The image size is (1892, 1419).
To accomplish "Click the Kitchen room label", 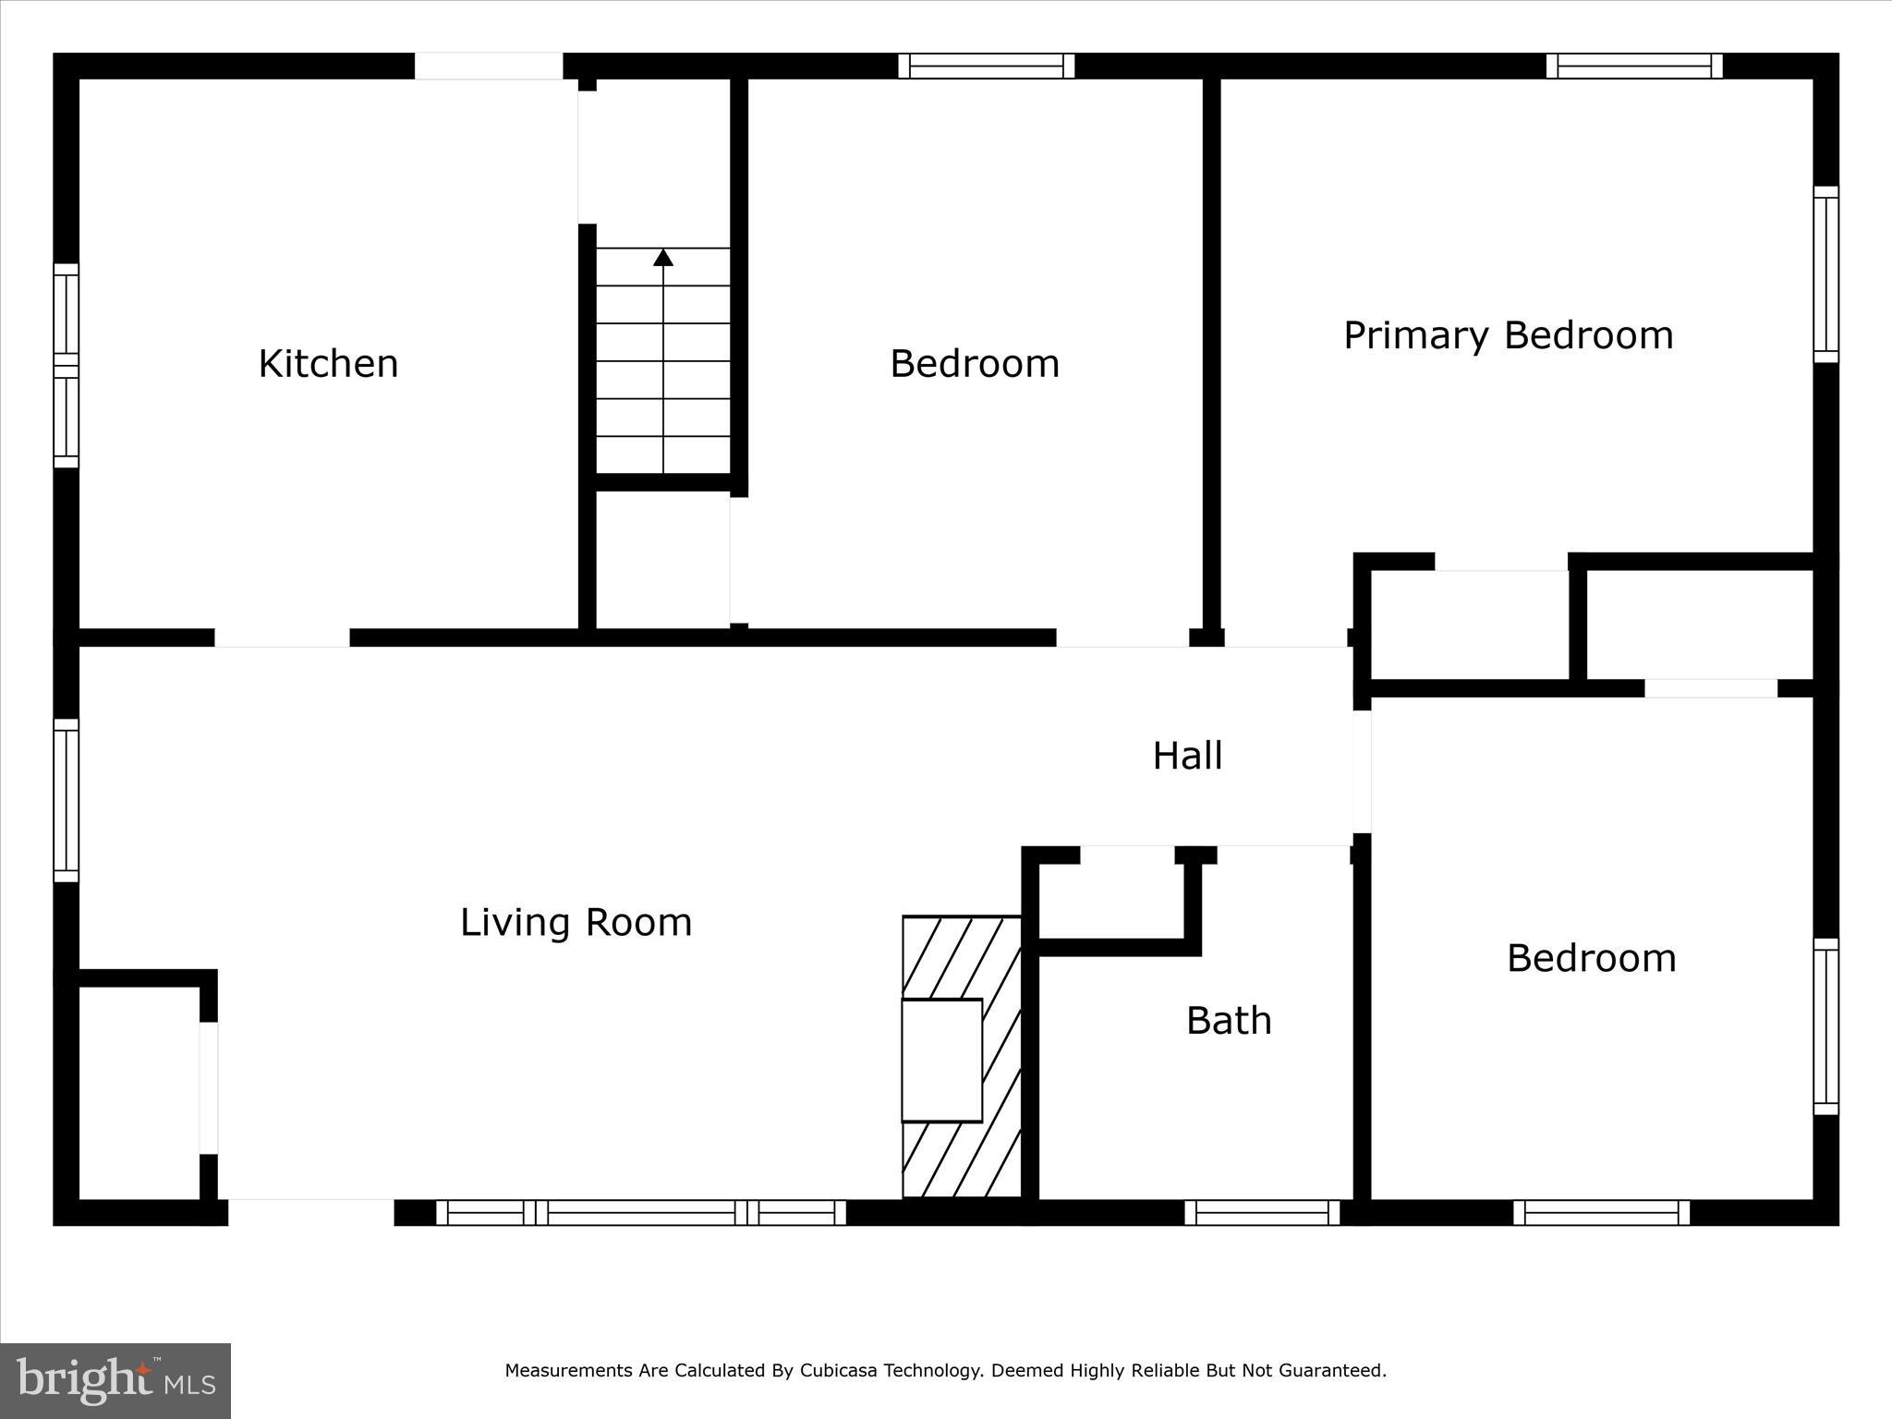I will point(328,364).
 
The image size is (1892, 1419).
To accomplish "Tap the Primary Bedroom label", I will point(1508,335).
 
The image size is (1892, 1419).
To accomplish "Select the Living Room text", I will point(576,923).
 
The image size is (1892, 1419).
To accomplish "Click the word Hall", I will point(1187,757).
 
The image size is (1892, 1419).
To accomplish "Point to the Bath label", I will point(1229,1021).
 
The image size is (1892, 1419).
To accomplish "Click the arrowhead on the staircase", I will point(663,258).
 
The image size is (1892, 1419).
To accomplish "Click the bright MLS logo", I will point(115,1380).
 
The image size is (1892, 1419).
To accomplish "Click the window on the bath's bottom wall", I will point(1262,1213).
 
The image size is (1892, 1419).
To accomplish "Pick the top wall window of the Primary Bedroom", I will point(1634,66).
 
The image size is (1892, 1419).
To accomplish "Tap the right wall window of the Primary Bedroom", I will point(1825,274).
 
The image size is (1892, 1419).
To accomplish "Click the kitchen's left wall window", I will point(66,366).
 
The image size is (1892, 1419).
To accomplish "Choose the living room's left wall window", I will point(66,800).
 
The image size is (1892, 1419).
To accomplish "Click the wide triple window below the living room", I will point(640,1213).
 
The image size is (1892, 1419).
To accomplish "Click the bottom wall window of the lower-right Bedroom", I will point(1601,1213).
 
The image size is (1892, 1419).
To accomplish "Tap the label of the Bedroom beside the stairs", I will point(974,364).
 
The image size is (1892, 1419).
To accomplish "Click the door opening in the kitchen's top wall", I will point(488,66).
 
